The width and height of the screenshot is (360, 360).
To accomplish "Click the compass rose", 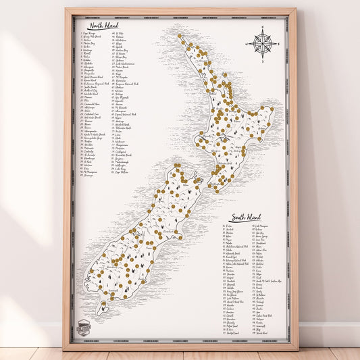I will [261, 43].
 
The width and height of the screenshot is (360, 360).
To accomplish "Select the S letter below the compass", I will [261, 61].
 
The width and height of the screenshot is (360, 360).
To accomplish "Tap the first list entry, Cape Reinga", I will [88, 32].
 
